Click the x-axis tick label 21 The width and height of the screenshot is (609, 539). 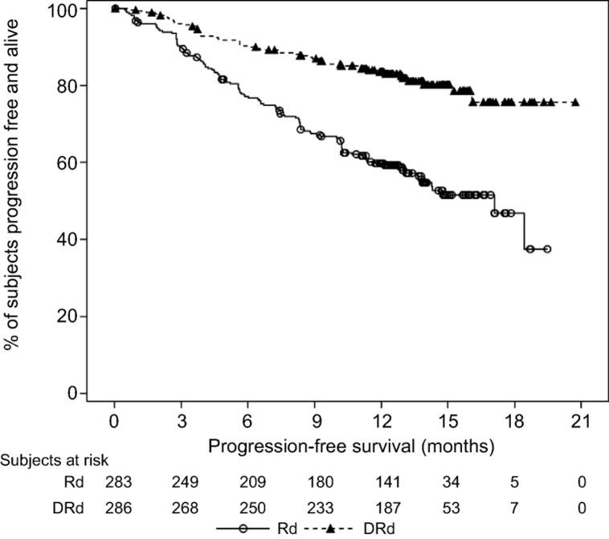[x=580, y=420]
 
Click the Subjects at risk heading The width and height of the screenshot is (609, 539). [x=54, y=461]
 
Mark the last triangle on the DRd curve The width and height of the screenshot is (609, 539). [x=575, y=103]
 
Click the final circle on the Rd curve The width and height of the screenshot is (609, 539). [x=547, y=249]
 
